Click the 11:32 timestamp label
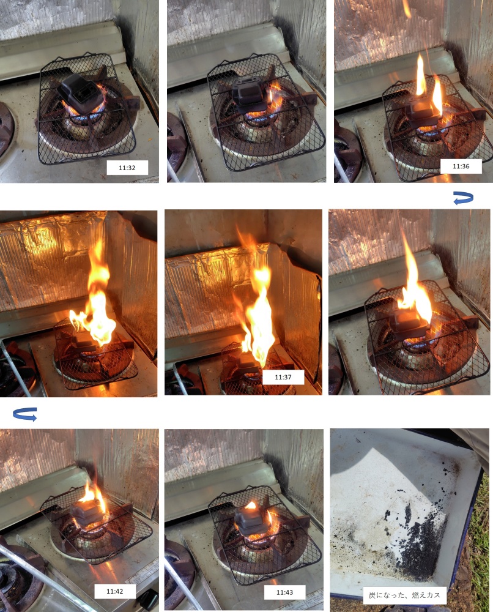[127, 168]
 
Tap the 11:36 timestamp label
[461, 166]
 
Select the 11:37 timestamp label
[283, 377]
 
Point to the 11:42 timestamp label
[115, 591]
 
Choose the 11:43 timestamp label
[284, 592]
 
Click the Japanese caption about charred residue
[404, 595]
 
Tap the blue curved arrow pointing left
[464, 198]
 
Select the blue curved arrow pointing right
[25, 414]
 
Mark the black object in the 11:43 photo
[250, 520]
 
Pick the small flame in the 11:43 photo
[251, 505]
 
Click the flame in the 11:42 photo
[94, 496]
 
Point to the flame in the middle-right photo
[414, 285]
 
